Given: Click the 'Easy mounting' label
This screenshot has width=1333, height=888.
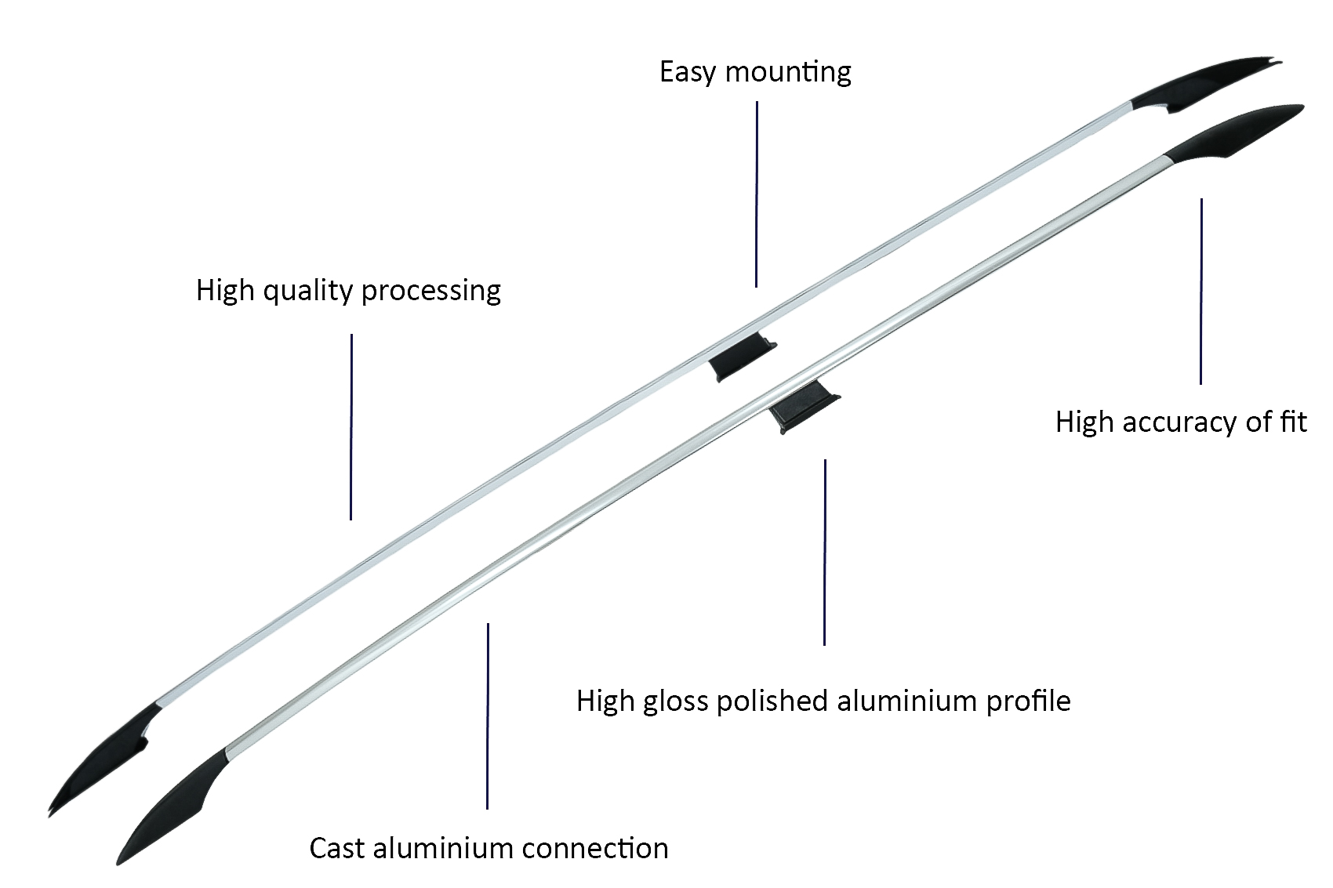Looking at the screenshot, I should point(755,72).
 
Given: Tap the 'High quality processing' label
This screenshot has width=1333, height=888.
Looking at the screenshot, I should point(348,291).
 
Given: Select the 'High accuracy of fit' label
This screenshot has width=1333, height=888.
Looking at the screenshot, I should point(1181,422).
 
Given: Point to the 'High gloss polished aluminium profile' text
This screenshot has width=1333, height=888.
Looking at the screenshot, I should point(823,701).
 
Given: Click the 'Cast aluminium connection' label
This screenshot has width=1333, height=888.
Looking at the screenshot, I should point(489,849).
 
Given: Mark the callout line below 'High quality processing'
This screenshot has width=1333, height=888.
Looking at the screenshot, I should point(351,427).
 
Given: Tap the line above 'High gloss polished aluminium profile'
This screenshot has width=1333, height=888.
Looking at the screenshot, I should point(824,553).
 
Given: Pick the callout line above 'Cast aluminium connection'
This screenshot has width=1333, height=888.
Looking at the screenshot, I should point(488,716).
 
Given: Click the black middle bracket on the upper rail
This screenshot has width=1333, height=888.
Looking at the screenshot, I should point(742,357).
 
